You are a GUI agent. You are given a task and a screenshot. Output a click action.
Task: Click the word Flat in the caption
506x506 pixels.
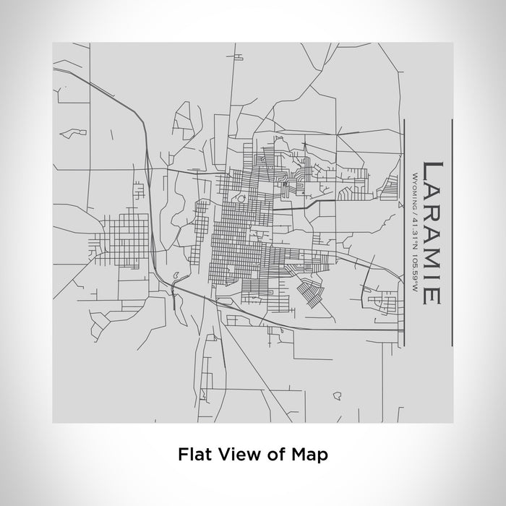(x=192, y=455)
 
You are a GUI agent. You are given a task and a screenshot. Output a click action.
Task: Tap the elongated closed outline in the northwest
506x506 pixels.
(x=73, y=133)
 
